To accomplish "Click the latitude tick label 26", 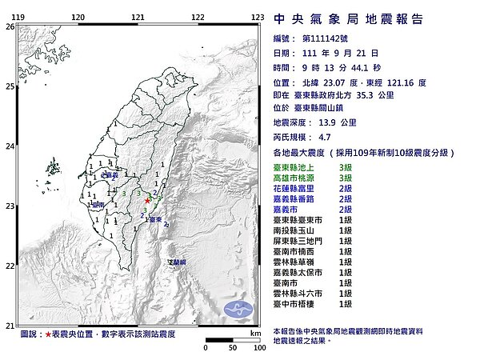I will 9,26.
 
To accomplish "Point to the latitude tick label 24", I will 9,146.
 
